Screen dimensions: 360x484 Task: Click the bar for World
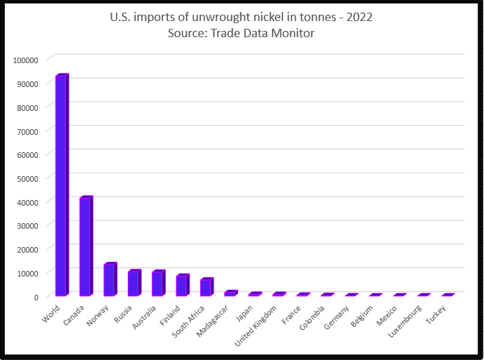(x=61, y=185)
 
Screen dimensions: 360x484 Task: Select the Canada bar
(x=85, y=246)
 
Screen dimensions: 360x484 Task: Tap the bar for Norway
(x=109, y=280)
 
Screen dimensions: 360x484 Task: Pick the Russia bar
(x=133, y=283)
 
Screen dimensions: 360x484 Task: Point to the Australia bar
(x=157, y=284)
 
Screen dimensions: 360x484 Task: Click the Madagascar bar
(x=230, y=293)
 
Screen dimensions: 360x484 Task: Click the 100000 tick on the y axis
(x=25, y=60)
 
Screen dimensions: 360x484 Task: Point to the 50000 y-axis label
(x=27, y=178)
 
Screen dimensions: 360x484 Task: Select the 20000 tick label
(x=27, y=249)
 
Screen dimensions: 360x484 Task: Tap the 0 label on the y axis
(x=35, y=297)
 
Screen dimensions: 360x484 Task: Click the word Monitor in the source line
(x=294, y=32)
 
